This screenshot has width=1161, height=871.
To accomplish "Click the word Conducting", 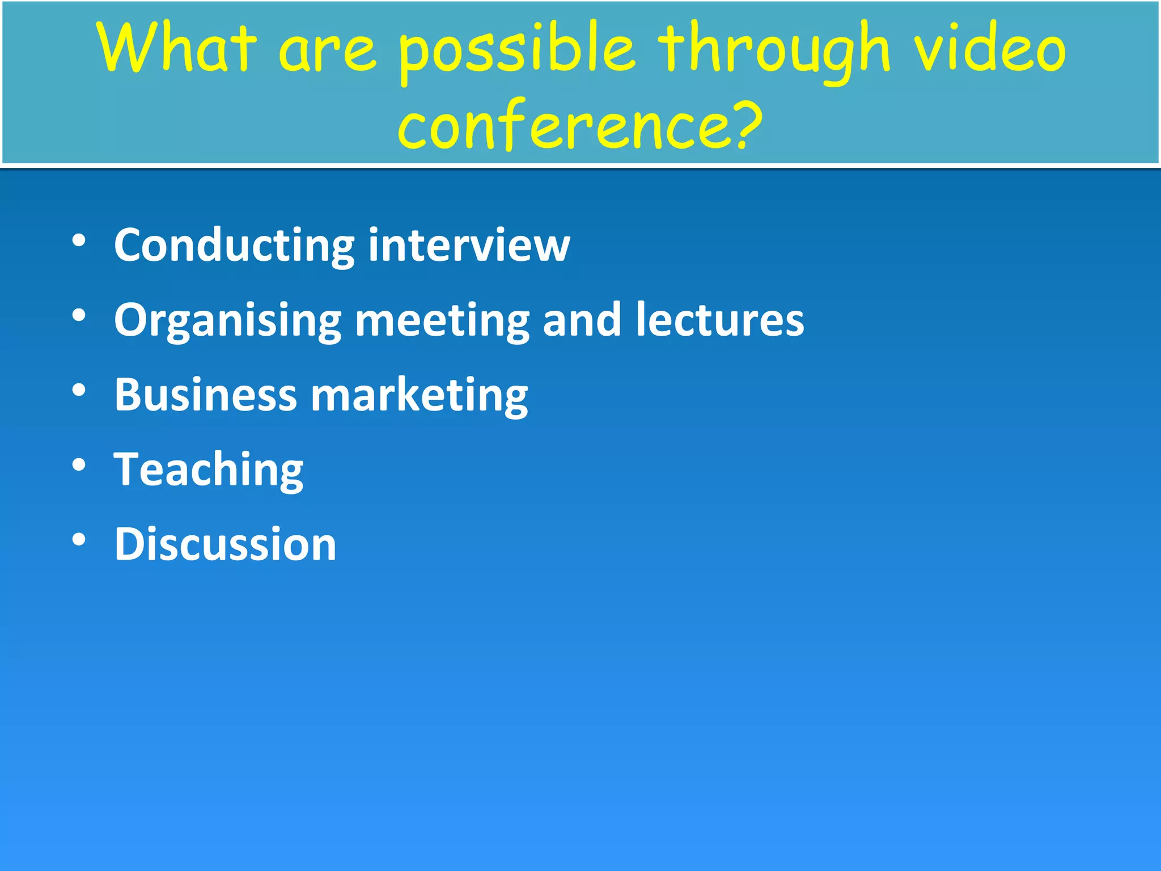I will [x=234, y=245].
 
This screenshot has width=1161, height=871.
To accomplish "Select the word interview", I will [x=469, y=245].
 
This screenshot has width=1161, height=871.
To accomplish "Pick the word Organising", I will [x=227, y=321].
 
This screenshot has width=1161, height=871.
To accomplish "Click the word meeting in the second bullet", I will [x=442, y=321].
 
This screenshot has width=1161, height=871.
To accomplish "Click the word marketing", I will [x=420, y=396].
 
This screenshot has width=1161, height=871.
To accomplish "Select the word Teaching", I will [x=209, y=471].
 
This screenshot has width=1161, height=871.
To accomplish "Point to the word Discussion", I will [x=225, y=544].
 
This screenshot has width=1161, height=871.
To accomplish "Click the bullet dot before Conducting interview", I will [x=79, y=240].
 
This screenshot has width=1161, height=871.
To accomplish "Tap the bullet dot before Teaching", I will [x=79, y=465].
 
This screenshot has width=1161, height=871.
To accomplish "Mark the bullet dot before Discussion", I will [x=79, y=540].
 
